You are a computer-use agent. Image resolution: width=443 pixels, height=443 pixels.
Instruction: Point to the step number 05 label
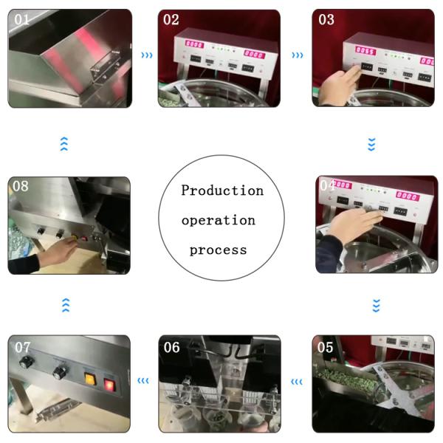(x=326, y=346)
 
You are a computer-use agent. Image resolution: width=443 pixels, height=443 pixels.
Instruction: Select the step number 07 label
(x=23, y=346)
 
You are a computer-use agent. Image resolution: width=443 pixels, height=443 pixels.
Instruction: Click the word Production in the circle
(x=222, y=190)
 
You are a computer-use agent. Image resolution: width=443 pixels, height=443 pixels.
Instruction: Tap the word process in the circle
(x=218, y=250)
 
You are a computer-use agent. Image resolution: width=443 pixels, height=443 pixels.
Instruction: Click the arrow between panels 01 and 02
(x=147, y=55)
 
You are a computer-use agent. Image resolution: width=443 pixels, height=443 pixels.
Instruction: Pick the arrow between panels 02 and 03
(x=297, y=55)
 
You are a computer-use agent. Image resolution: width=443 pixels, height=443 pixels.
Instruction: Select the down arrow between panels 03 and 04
(x=371, y=144)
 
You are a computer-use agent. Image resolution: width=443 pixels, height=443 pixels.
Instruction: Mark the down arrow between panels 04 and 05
(x=376, y=304)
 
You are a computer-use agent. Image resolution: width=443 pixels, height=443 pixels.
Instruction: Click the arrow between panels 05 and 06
(x=297, y=382)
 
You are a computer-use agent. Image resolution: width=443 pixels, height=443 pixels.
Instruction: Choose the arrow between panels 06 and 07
(x=143, y=382)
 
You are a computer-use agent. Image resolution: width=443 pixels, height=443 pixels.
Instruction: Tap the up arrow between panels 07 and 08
(x=65, y=304)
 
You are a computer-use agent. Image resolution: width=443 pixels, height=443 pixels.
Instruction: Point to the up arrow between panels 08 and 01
(x=64, y=144)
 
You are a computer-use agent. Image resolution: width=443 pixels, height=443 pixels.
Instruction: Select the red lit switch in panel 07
(x=109, y=384)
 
